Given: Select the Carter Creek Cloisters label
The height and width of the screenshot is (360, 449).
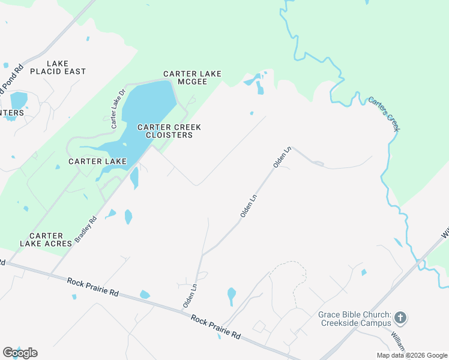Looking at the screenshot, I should [169, 131].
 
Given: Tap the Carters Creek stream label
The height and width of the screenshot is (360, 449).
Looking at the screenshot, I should [384, 114].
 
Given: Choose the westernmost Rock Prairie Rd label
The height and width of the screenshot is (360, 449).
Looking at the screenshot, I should [93, 286].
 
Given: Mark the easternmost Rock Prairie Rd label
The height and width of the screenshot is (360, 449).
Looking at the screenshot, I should [216, 326].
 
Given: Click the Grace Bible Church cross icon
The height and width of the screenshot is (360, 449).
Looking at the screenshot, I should [401, 317].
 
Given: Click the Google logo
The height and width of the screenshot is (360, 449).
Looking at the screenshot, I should [20, 353].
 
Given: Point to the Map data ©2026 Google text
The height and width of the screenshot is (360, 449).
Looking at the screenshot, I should [411, 355].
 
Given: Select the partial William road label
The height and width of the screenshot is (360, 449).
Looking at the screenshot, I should [399, 341].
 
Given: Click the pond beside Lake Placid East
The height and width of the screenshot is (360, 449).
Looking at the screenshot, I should [19, 100].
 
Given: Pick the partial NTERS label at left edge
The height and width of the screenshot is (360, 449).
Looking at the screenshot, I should [12, 113].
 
